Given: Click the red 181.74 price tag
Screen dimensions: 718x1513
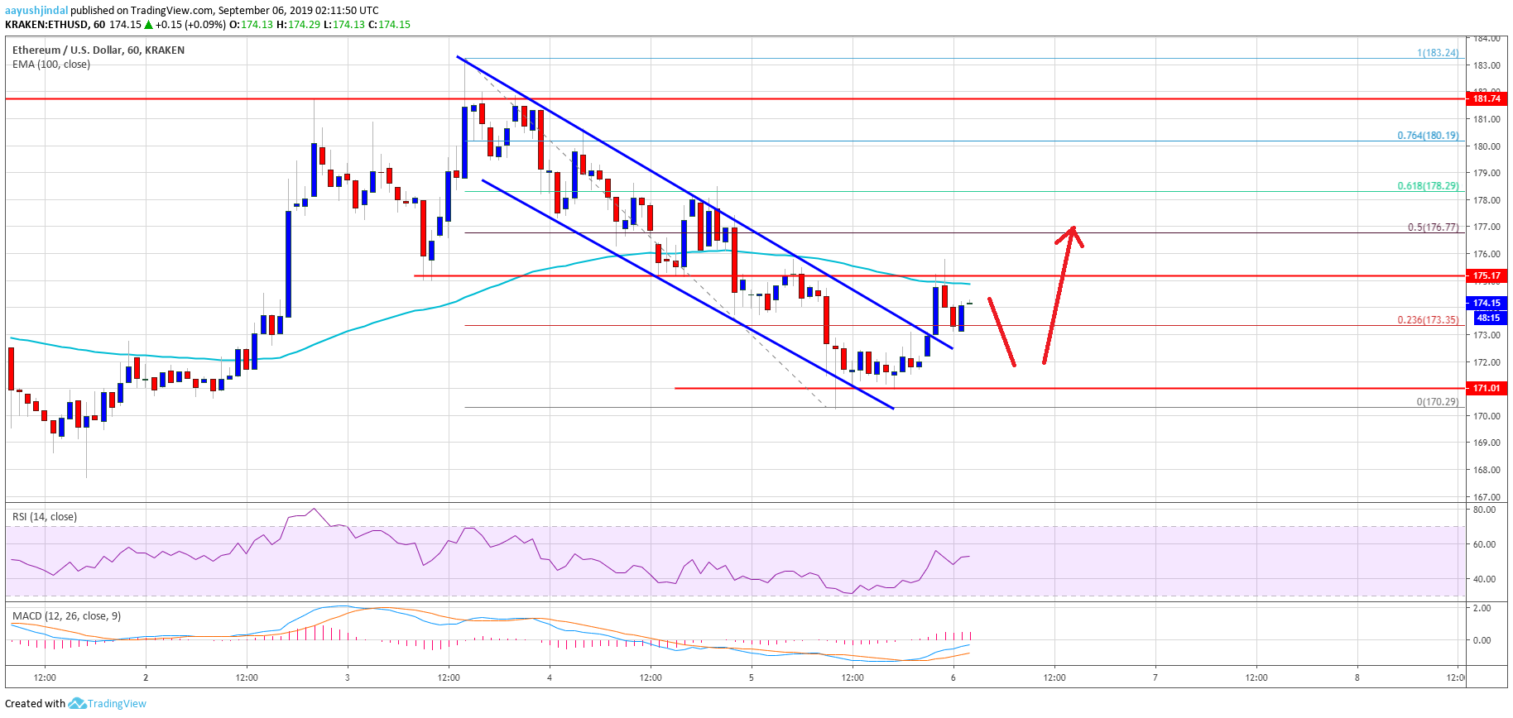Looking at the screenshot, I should tap(1487, 98).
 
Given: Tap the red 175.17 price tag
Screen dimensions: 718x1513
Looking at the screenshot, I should tap(1487, 275).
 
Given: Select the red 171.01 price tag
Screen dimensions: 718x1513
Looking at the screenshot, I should tap(1487, 388).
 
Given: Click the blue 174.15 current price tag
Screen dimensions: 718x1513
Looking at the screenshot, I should tap(1487, 303).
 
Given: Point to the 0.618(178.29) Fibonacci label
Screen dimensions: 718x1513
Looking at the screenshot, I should tap(1428, 186).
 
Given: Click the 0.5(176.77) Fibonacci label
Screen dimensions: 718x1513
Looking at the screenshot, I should tap(1433, 227).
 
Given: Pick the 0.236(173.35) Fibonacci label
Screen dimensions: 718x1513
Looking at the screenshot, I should tap(1428, 320).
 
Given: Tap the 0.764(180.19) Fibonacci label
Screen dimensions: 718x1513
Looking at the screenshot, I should tap(1428, 136).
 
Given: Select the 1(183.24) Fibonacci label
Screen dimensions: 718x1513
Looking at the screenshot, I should tap(1438, 53).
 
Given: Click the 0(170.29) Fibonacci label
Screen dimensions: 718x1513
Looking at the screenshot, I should tap(1438, 402).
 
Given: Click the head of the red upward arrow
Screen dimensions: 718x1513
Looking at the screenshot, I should tap(1072, 232).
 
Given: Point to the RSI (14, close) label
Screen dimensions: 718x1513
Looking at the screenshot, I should tap(45, 517).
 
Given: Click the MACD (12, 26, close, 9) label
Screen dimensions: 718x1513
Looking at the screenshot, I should tap(66, 616).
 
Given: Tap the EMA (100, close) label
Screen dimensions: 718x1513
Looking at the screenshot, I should tap(51, 65).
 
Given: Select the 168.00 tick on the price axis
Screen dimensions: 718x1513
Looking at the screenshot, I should tap(1487, 470).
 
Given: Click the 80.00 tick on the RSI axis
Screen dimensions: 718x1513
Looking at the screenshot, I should tap(1484, 510).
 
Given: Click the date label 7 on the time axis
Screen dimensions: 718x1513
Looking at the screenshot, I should tap(1155, 677).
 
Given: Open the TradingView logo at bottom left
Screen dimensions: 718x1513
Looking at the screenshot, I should tap(108, 704).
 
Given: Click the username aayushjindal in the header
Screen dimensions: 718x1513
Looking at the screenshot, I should tap(36, 11).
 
